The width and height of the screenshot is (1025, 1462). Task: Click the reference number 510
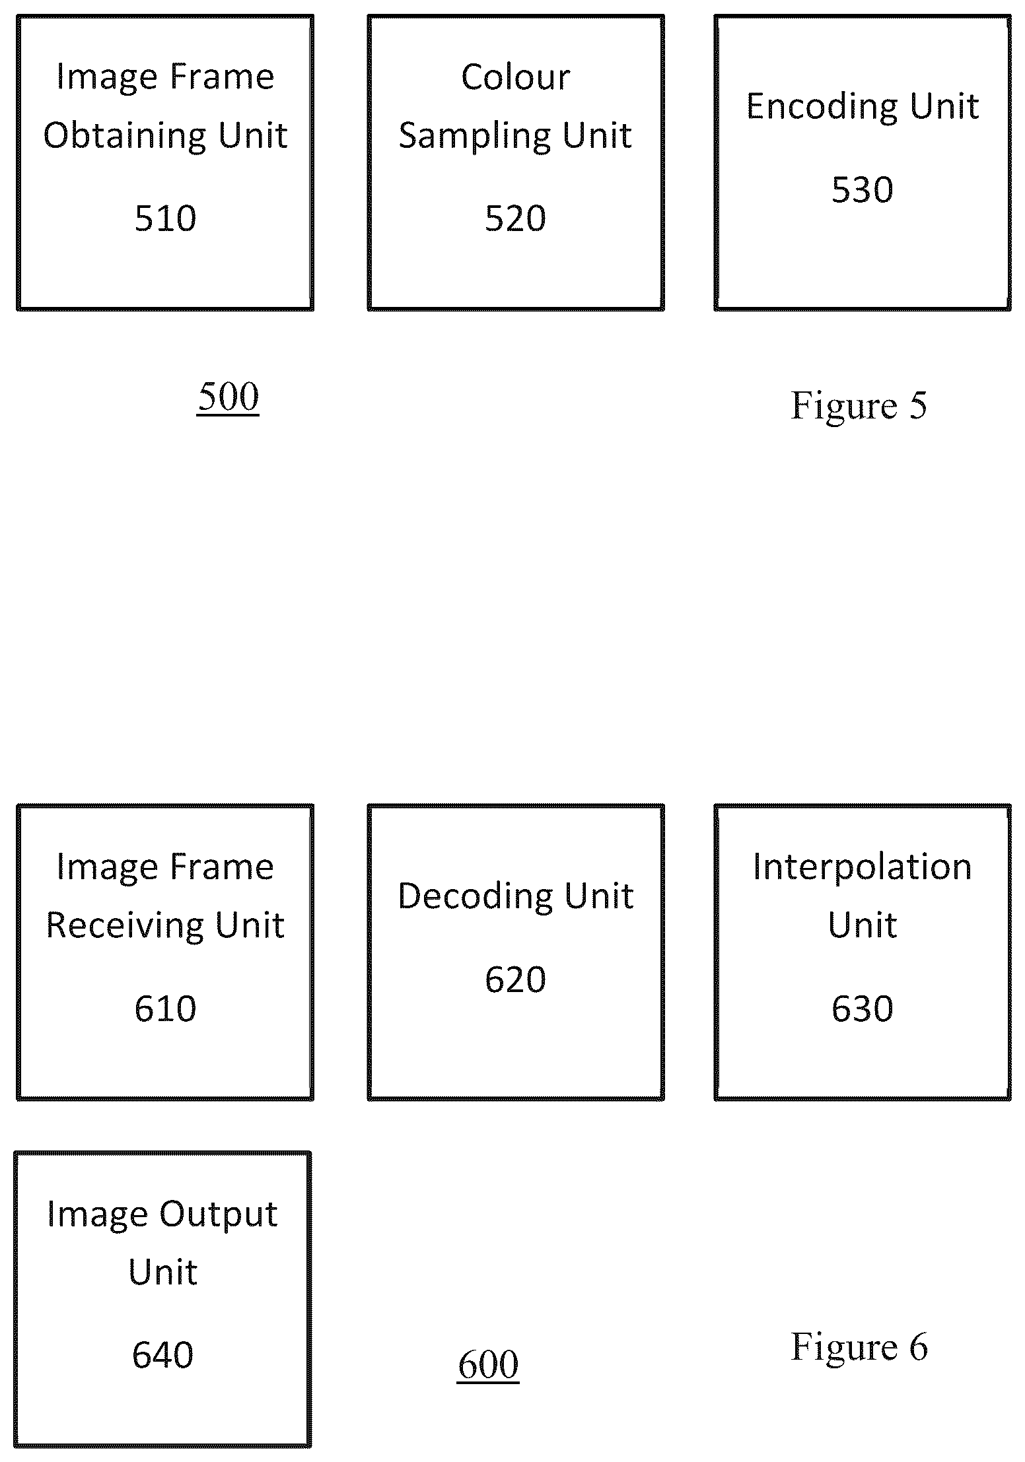coord(165,218)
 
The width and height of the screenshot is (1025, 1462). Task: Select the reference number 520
coord(515,218)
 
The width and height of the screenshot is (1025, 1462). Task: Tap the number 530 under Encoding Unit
coord(862,189)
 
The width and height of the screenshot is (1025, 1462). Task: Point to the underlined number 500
coord(228,397)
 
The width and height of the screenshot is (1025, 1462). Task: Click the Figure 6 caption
coord(859,1346)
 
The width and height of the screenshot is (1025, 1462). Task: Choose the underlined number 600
coord(488,1364)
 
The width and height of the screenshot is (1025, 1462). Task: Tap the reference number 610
coord(165,1009)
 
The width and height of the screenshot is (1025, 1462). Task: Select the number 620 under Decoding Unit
coord(515,979)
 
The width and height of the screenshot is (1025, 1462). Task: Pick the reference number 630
coord(862,1009)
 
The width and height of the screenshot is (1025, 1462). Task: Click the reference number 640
coord(162,1355)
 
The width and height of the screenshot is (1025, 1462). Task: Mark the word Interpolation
coord(862,867)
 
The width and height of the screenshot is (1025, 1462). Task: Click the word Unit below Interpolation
coord(862,925)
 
